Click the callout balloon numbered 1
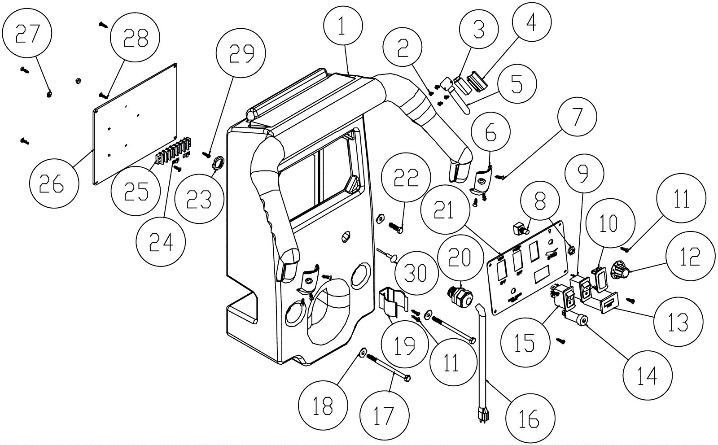point(342,26)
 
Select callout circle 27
point(27,34)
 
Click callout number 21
point(444,209)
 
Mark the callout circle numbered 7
point(577,117)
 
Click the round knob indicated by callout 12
point(621,270)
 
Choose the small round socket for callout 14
point(583,320)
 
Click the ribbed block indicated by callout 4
point(477,81)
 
